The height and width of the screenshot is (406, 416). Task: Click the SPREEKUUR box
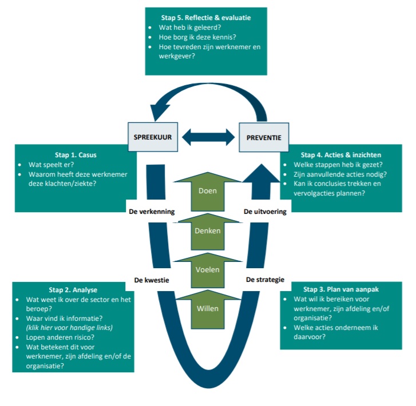tap(150, 138)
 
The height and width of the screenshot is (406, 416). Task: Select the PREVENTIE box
tap(264, 138)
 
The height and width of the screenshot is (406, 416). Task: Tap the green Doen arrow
tap(208, 190)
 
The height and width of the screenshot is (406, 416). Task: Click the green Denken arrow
tap(208, 230)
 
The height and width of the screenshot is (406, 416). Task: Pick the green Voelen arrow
tap(208, 269)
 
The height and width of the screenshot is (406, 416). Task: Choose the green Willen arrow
tap(208, 308)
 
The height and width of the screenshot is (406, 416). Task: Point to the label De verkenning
tap(150, 211)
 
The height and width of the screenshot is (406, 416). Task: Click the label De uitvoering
tap(264, 211)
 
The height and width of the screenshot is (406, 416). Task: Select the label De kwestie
tap(153, 280)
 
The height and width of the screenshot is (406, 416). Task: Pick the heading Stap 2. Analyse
tap(73, 290)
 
